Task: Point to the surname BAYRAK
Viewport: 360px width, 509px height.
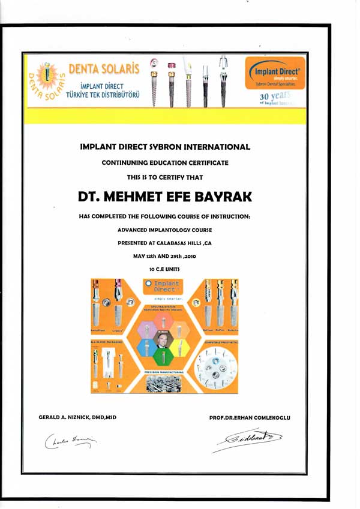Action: click(x=217, y=197)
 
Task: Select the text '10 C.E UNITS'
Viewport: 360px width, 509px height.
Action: click(x=164, y=269)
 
